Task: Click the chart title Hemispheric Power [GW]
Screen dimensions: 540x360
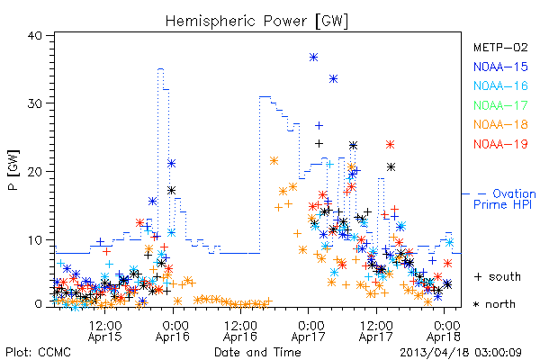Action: [x=256, y=21]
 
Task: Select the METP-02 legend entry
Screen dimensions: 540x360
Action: [x=500, y=47]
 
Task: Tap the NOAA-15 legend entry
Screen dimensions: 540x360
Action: [x=500, y=67]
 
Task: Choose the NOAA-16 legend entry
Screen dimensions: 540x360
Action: [x=500, y=85]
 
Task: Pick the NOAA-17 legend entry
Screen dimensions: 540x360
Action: [x=500, y=105]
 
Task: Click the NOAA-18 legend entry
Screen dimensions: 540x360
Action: [x=500, y=124]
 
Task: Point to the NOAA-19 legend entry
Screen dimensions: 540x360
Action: [x=500, y=144]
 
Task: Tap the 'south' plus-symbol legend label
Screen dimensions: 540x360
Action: [x=498, y=276]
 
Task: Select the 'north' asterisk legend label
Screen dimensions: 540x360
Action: [x=494, y=304]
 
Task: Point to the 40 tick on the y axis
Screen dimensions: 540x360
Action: [x=34, y=36]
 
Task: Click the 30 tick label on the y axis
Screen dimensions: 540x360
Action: [x=34, y=103]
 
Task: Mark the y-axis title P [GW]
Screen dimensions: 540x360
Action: [x=13, y=170]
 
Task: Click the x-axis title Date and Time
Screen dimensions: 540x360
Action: [x=257, y=352]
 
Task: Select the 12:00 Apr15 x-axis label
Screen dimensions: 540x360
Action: [x=105, y=331]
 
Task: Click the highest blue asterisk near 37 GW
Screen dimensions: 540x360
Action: [x=313, y=58]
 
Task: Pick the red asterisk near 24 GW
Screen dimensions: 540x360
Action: [x=390, y=144]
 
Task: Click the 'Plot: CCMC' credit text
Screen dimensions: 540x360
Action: [x=38, y=352]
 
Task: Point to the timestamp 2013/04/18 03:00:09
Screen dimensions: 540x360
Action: [x=461, y=353]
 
